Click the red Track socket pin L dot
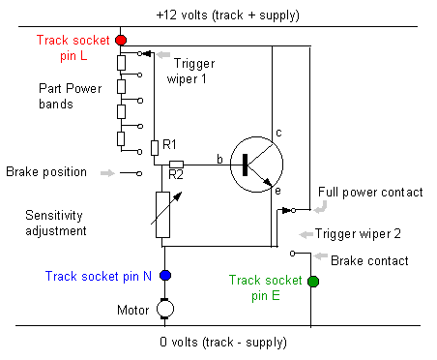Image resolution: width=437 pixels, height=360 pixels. pyautogui.click(x=121, y=41)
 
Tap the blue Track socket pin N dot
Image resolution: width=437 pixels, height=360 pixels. pyautogui.click(x=165, y=276)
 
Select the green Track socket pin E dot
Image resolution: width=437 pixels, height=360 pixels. pyautogui.click(x=313, y=282)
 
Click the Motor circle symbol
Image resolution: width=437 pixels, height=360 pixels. pyautogui.click(x=165, y=309)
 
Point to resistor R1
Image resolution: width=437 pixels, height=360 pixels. pyautogui.click(x=155, y=148)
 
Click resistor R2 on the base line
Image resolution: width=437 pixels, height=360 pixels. pyautogui.click(x=176, y=165)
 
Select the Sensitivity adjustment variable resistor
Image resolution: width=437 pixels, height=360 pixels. pyautogui.click(x=163, y=215)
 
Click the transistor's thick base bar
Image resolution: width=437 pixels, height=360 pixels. pyautogui.click(x=245, y=165)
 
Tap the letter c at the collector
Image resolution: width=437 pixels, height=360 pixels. pyautogui.click(x=278, y=133)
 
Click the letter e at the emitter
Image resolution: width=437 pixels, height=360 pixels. pyautogui.click(x=277, y=191)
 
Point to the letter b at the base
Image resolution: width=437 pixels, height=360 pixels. pyautogui.click(x=219, y=159)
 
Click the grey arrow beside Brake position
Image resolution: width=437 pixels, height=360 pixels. pyautogui.click(x=107, y=173)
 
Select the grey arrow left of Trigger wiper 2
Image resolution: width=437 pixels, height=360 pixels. pyautogui.click(x=306, y=234)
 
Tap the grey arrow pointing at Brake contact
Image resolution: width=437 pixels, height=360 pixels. pyautogui.click(x=321, y=256)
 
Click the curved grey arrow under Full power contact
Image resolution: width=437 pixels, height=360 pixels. pyautogui.click(x=321, y=207)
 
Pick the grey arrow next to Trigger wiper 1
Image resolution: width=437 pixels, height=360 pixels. pyautogui.click(x=163, y=54)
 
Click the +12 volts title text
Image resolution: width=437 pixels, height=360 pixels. pyautogui.click(x=227, y=15)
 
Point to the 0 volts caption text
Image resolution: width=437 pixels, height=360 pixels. pyautogui.click(x=223, y=342)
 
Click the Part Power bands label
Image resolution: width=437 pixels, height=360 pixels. pyautogui.click(x=71, y=96)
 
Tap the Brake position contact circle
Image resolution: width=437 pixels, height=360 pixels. pyautogui.click(x=139, y=173)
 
